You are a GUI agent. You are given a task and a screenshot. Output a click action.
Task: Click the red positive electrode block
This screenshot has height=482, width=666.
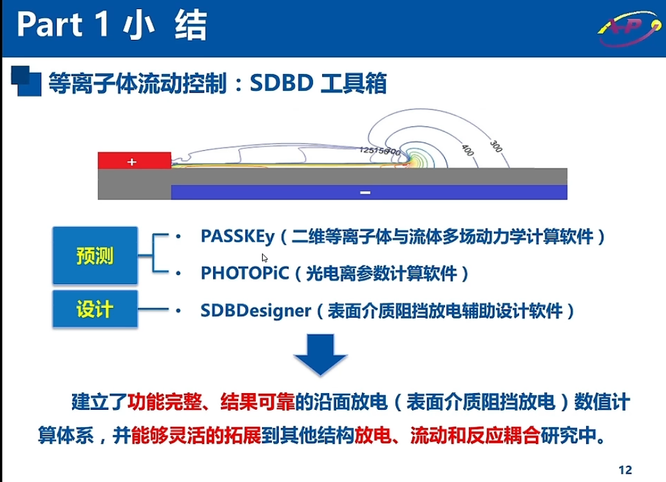(x=134, y=160)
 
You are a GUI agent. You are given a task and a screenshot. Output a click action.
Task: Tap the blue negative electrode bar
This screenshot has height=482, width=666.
(x=368, y=192)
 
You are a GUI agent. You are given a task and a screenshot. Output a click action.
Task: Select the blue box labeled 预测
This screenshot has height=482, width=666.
(x=95, y=256)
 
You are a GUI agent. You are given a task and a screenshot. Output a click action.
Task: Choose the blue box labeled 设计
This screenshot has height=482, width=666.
(x=95, y=311)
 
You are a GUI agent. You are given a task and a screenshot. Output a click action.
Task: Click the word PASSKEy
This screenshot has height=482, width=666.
(x=237, y=236)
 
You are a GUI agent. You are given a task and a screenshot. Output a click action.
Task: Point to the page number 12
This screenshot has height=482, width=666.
(x=624, y=469)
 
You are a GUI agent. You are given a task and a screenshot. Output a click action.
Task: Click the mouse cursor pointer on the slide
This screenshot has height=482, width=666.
(x=265, y=257)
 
